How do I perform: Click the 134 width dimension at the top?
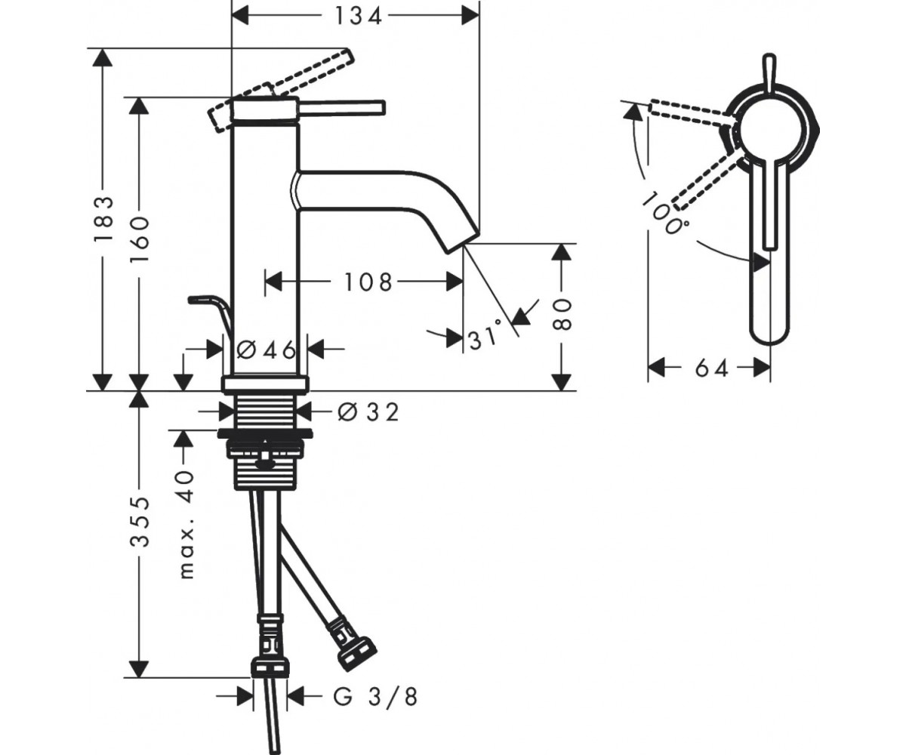(x=358, y=17)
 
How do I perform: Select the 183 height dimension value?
(x=103, y=220)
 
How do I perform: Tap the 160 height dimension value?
(x=140, y=238)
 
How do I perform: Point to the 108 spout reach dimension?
(x=368, y=282)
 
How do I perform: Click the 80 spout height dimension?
(x=562, y=315)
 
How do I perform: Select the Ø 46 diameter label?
(x=267, y=350)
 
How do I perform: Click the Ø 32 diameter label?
(x=368, y=411)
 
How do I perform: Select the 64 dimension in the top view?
(x=711, y=369)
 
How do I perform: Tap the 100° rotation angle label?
(x=663, y=214)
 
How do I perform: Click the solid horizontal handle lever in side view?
(x=341, y=108)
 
